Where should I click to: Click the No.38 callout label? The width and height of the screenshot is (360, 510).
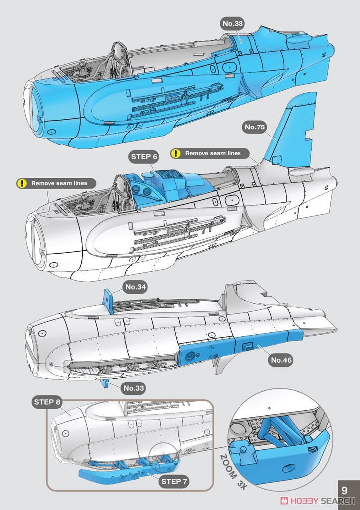[232, 24]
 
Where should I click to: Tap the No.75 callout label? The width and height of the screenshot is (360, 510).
[254, 127]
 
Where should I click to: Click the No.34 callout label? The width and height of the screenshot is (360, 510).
[135, 287]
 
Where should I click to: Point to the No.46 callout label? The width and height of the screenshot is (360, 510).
[281, 360]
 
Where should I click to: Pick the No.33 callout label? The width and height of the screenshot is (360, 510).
[133, 388]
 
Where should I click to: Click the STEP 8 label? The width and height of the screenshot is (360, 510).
[47, 402]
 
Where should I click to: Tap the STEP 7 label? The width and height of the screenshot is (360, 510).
[174, 482]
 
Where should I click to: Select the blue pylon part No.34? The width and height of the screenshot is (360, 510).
[108, 301]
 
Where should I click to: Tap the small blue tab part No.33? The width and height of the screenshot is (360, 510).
[105, 383]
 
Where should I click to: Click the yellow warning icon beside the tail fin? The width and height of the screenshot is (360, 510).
[176, 153]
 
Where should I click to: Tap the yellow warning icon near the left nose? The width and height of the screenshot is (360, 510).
[22, 183]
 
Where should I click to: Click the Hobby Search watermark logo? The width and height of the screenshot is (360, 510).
[317, 501]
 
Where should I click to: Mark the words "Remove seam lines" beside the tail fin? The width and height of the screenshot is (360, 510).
[213, 153]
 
